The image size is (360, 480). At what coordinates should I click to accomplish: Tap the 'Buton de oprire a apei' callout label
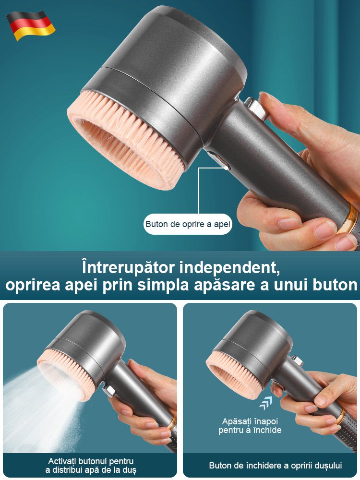[x=188, y=224]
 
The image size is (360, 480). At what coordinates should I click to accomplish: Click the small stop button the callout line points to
[x=223, y=166]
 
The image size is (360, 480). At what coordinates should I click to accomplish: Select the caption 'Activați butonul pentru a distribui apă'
[x=91, y=466]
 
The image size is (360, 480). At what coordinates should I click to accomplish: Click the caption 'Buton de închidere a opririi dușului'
[x=275, y=466]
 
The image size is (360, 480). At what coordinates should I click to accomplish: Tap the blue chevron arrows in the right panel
[x=265, y=403]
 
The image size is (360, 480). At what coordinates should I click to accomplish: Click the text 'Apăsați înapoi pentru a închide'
[x=250, y=426]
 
